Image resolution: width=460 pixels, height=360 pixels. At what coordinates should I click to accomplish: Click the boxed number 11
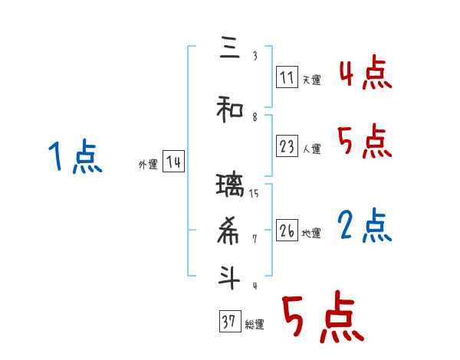click(286, 77)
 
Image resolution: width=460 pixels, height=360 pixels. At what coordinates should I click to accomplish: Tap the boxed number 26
click(286, 230)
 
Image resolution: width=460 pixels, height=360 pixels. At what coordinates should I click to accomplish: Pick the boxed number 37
click(229, 322)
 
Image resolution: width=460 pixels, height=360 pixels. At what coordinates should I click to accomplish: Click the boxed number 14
click(173, 162)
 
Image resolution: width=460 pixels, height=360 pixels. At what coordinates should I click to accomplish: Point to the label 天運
click(311, 79)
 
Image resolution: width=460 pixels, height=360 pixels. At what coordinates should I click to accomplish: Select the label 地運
click(311, 232)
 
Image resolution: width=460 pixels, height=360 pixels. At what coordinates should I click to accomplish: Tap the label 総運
click(255, 324)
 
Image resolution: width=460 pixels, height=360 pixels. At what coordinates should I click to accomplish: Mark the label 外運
click(147, 164)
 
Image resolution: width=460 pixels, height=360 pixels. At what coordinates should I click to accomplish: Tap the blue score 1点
click(74, 157)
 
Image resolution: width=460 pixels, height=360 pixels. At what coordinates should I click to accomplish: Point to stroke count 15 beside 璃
click(254, 193)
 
